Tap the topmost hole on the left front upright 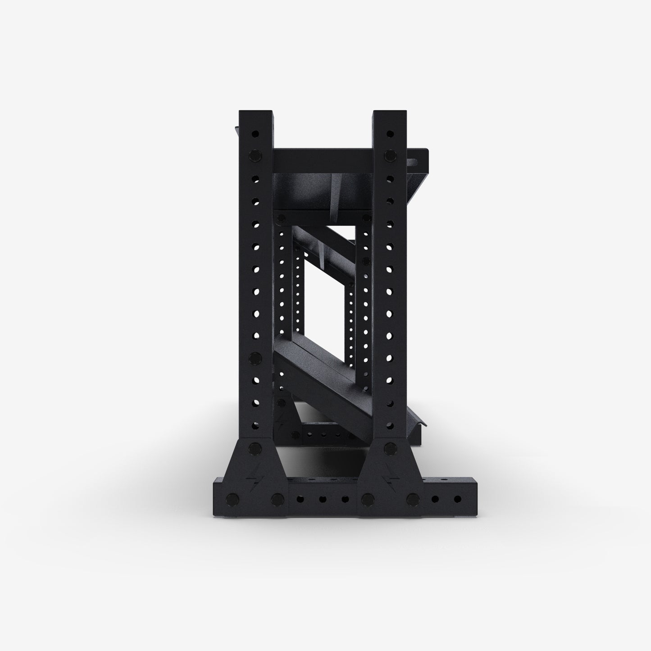pyautogui.click(x=255, y=134)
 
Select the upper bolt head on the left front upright pyautogui.click(x=255, y=156)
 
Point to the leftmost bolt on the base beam pyautogui.click(x=232, y=499)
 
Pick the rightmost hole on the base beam pyautogui.click(x=458, y=499)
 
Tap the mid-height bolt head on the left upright pyautogui.click(x=255, y=359)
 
